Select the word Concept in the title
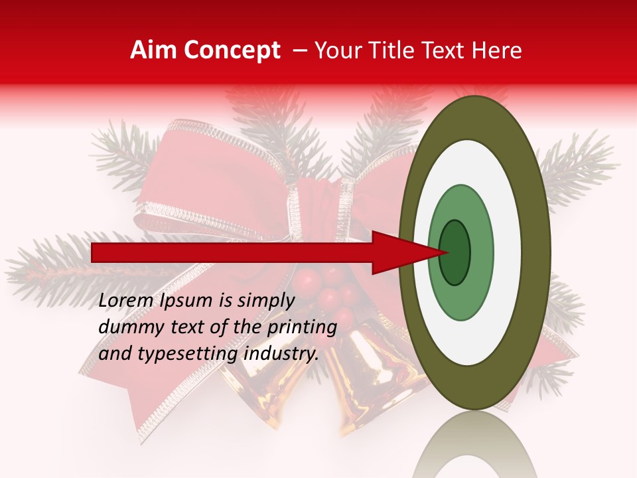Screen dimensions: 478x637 pos(232,50)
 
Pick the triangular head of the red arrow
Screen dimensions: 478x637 pos(405,253)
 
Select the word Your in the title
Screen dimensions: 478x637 pos(337,50)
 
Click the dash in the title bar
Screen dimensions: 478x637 pos(300,50)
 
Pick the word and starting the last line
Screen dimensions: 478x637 pos(113,354)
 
